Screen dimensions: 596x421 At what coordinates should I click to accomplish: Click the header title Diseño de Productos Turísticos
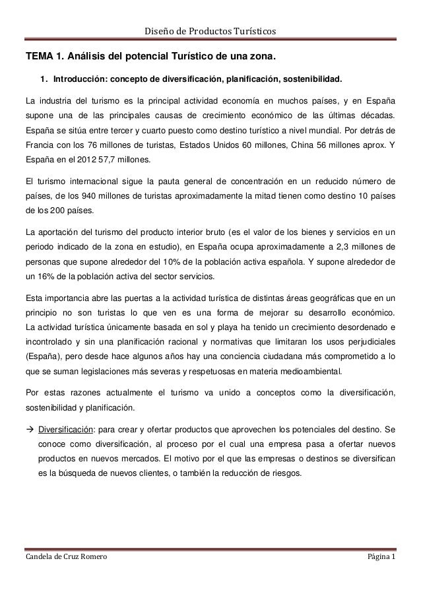[x=210, y=31]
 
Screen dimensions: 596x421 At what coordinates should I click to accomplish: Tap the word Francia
[x=40, y=145]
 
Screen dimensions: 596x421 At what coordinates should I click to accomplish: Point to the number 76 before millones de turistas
[x=95, y=145]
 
